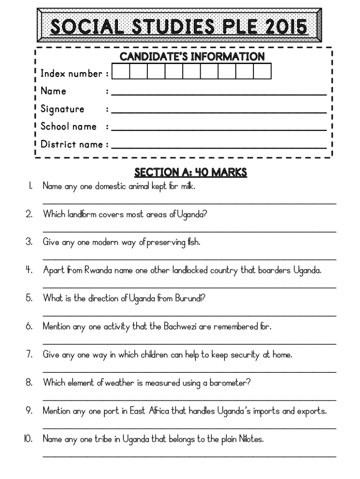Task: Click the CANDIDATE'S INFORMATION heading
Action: pos(192,57)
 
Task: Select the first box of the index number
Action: pos(121,73)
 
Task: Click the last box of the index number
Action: pos(262,73)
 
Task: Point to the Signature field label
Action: pos(62,109)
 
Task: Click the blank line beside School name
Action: pos(219,129)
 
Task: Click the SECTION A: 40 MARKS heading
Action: pos(190,173)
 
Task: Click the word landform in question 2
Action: pos(81,214)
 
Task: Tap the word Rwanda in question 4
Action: pos(96,270)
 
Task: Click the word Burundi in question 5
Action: pos(189,298)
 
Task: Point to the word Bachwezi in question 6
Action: pos(180,327)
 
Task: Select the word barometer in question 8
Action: pos(229,383)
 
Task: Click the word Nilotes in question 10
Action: pos(251,439)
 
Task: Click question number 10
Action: pos(28,439)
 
